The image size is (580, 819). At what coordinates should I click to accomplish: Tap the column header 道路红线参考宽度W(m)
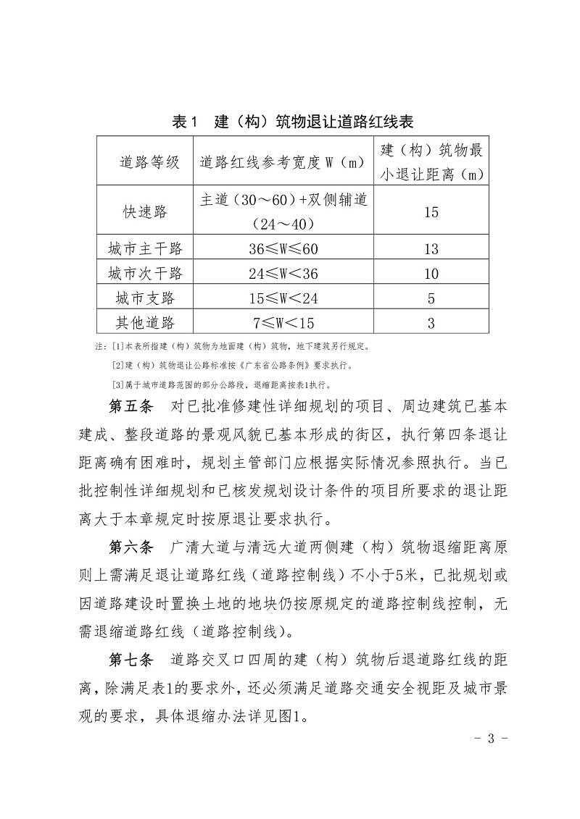tap(282, 161)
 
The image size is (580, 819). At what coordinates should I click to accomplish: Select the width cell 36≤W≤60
tap(283, 249)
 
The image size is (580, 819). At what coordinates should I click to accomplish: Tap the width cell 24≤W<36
tap(283, 274)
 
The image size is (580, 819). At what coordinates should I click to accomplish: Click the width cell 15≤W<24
tap(283, 298)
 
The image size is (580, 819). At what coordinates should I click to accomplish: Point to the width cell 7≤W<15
tap(283, 322)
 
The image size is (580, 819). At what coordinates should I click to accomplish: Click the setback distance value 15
tap(431, 212)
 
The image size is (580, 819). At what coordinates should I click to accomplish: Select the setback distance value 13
tap(431, 249)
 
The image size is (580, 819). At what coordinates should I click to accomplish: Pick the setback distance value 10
tap(431, 274)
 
